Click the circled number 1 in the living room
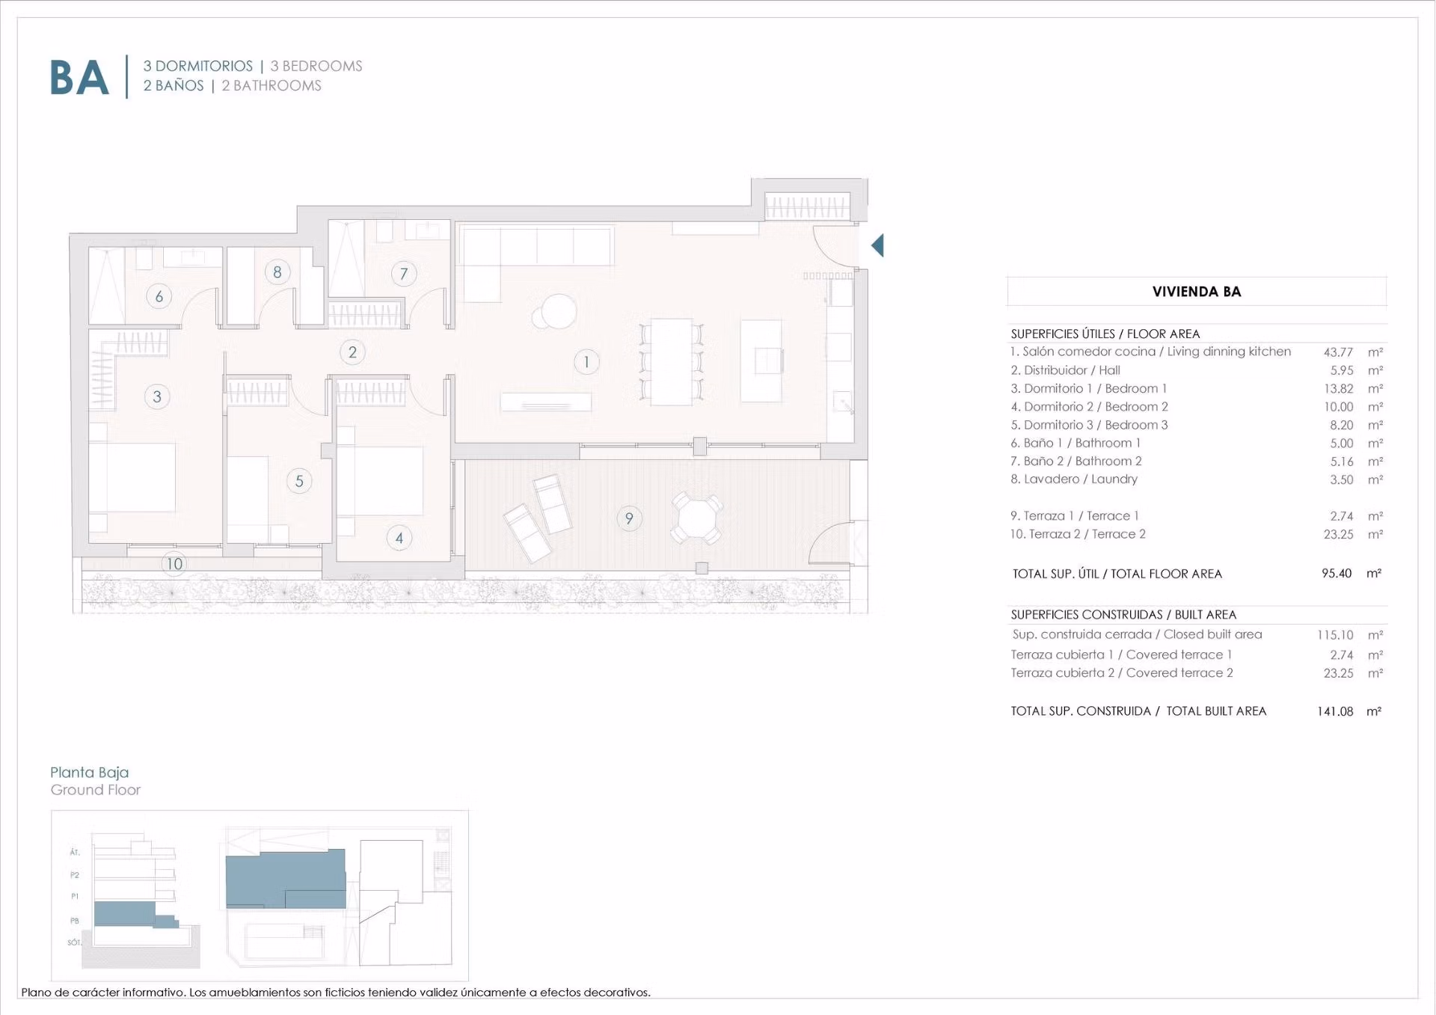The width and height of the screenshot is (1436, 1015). point(586,362)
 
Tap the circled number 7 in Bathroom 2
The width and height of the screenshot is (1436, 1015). point(404,274)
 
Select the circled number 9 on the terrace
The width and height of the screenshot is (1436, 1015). point(629,518)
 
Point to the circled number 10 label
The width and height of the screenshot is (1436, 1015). point(174,564)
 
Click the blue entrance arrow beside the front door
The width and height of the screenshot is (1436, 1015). point(877,245)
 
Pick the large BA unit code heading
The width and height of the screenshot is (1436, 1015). point(79,78)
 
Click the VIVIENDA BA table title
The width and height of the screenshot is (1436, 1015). point(1197,292)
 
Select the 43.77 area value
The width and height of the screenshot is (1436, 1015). point(1338,352)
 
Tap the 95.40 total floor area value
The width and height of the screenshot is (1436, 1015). point(1337,574)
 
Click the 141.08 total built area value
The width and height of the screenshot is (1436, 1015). point(1335,711)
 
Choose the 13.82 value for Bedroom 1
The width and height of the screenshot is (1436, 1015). point(1339,389)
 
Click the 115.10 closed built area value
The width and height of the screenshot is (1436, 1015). point(1335,635)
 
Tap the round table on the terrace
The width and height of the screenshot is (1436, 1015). point(696,518)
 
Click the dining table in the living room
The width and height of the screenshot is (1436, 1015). point(671,362)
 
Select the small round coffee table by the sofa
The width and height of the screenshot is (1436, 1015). point(558,312)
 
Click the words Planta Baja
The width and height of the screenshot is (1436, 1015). point(90,773)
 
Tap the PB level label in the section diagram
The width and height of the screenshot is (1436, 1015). point(75,921)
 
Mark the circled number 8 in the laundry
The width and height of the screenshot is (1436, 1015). point(277,272)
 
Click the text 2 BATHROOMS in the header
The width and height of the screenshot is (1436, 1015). point(271,86)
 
